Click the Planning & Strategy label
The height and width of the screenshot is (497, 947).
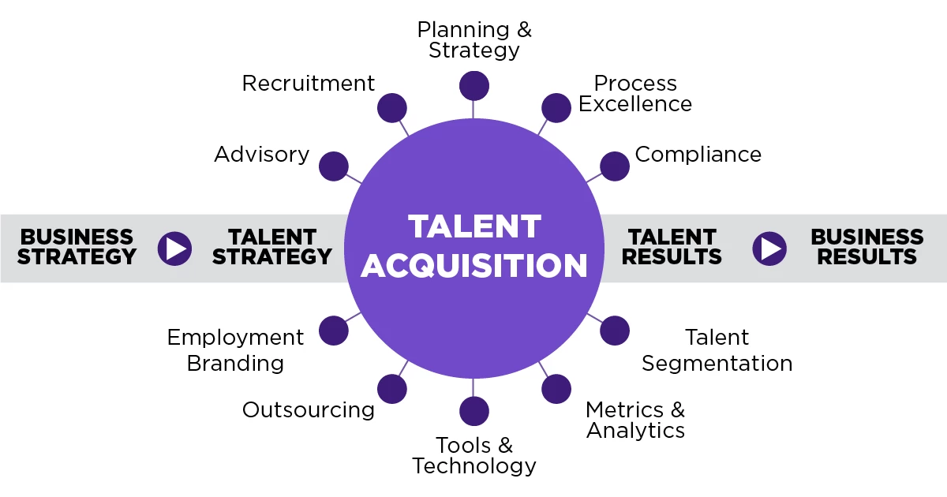474,39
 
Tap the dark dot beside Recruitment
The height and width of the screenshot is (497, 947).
392,108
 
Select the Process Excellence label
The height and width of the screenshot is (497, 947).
635,93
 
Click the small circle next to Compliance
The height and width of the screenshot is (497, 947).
614,166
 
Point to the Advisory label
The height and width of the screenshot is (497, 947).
262,155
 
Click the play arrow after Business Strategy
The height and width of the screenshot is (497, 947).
174,248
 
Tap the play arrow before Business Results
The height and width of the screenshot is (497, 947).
769,248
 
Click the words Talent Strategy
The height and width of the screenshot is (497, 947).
272,247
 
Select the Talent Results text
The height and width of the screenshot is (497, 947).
672,247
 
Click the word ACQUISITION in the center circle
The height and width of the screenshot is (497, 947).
474,266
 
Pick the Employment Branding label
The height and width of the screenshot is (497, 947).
235,350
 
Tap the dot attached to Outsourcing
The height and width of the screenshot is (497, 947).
392,389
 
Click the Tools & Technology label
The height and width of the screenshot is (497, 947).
474,456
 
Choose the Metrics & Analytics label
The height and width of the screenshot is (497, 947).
635,420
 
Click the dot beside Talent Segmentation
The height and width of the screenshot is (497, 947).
614,331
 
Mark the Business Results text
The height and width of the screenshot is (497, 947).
867,247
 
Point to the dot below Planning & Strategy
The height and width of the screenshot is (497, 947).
474,86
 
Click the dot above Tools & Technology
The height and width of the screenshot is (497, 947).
474,411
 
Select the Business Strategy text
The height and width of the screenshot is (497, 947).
77,247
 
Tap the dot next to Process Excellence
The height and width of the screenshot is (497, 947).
556,108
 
